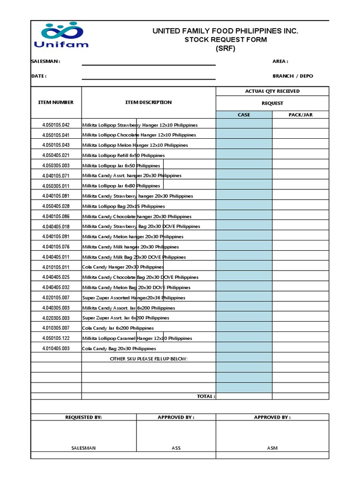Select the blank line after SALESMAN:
(x=149, y=62)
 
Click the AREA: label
(x=280, y=61)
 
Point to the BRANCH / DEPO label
(x=292, y=76)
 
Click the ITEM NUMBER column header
(x=56, y=102)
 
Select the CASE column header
(x=244, y=115)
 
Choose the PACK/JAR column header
(x=300, y=115)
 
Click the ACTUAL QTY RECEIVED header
(x=272, y=91)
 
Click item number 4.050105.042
(x=56, y=125)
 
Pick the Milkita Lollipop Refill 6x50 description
(x=123, y=156)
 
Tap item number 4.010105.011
(x=56, y=267)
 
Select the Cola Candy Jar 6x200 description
(x=118, y=328)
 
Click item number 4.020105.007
(x=56, y=298)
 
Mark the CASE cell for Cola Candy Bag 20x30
(x=244, y=348)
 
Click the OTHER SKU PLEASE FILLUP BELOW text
(x=148, y=359)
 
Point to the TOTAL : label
(x=206, y=397)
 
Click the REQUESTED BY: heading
(x=83, y=417)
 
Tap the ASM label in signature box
(x=272, y=448)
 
